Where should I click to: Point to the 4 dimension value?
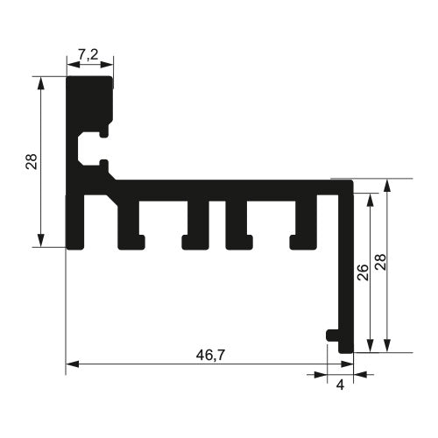(340, 383)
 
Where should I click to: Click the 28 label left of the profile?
(32, 161)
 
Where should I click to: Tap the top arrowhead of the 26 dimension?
(371, 198)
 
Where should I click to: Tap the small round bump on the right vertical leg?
(331, 335)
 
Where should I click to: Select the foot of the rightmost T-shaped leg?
(304, 240)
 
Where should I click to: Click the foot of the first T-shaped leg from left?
(131, 240)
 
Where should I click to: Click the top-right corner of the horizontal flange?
(350, 182)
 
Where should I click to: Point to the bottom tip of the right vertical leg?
(346, 350)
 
